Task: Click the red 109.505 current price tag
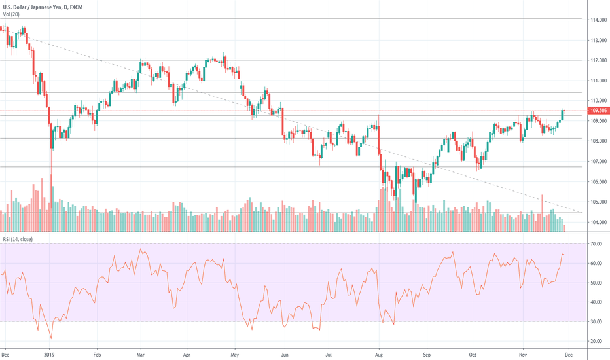coord(597,111)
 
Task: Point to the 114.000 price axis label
coord(597,20)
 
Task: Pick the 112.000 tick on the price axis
coord(597,60)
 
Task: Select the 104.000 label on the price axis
coord(597,222)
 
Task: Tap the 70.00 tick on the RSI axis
coord(596,243)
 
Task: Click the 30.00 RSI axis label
coord(596,321)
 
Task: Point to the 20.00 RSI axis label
coord(596,341)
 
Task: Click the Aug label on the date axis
coord(379,353)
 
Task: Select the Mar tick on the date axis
coord(141,353)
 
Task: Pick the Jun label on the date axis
coord(283,353)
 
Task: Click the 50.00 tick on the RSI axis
coord(596,283)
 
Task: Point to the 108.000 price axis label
coord(597,141)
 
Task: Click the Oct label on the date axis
coord(474,353)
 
